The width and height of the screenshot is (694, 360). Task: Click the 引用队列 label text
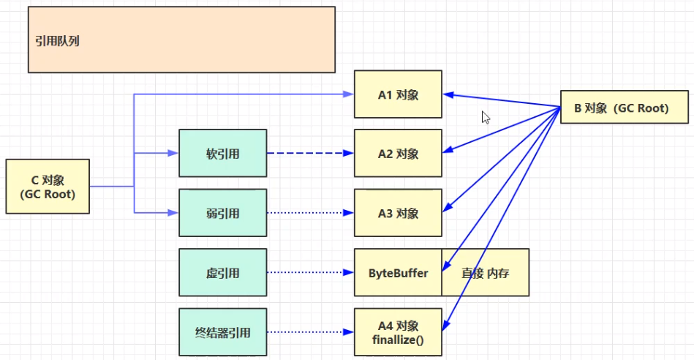(58, 41)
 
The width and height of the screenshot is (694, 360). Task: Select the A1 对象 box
(398, 94)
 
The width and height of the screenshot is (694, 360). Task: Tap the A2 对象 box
(398, 153)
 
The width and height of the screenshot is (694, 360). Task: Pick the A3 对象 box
(398, 213)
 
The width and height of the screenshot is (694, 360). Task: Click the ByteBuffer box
(398, 272)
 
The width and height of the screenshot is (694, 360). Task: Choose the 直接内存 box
(486, 272)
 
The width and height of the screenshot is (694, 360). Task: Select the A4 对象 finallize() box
(398, 332)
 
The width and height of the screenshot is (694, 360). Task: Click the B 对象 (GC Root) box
(625, 107)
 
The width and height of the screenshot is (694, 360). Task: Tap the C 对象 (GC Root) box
(48, 187)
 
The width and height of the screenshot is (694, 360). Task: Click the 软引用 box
(222, 153)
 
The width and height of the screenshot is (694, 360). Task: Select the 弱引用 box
(222, 213)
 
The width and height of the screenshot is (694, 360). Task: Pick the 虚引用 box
(222, 272)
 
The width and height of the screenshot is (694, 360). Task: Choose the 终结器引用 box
(222, 332)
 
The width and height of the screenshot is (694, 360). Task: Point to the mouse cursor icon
(486, 117)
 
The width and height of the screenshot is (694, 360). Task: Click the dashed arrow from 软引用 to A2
(310, 153)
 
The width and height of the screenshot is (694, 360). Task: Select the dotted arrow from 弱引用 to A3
(310, 213)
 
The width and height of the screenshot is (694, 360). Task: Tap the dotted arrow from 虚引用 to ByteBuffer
(310, 272)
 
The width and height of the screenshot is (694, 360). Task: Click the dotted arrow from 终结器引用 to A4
(310, 332)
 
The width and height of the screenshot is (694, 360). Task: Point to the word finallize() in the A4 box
(398, 340)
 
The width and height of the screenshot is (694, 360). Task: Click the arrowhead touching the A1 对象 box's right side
(448, 95)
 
